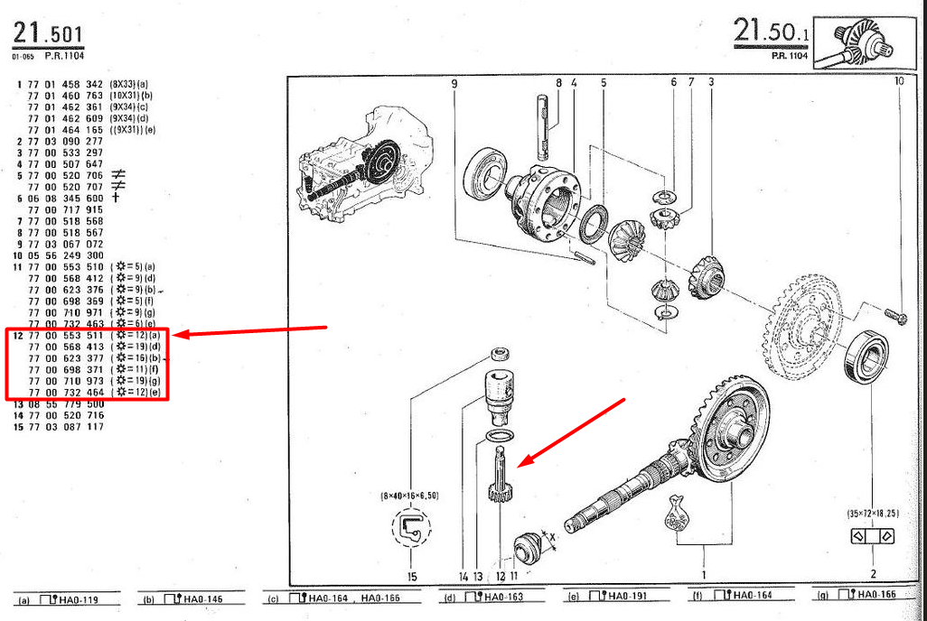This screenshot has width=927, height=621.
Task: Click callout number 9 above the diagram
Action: coord(454,83)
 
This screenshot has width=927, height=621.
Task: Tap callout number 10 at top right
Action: coord(899,82)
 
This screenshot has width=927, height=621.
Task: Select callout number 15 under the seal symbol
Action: coord(412,576)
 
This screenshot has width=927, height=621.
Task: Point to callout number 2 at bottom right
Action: coord(873,573)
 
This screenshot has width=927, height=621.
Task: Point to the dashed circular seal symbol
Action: coord(412,528)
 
